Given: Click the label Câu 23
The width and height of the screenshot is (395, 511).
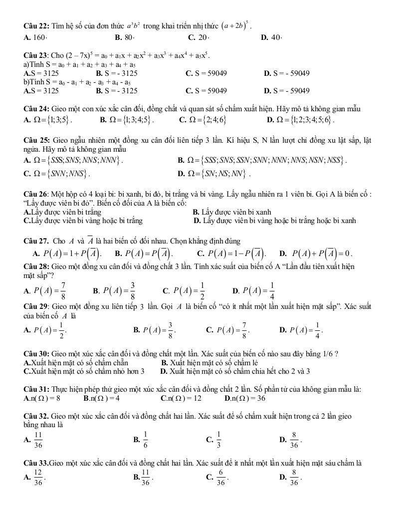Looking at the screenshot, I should point(34,55).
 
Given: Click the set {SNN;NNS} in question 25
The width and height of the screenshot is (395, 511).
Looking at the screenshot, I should point(60,174).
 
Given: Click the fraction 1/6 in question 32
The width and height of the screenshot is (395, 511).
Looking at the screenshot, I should point(146,439).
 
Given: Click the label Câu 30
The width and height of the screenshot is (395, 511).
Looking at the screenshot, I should point(34,354).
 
